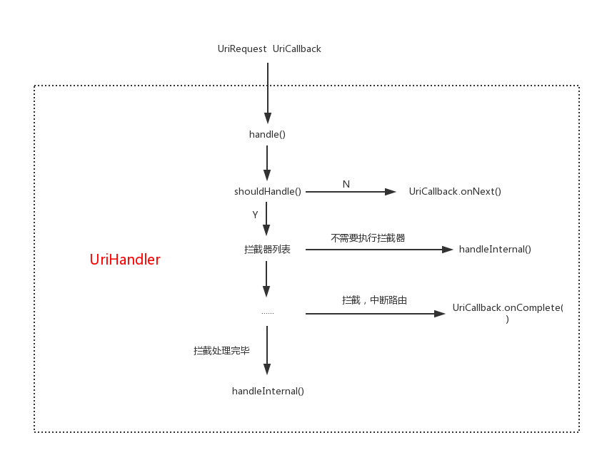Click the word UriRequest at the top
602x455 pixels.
pyautogui.click(x=242, y=49)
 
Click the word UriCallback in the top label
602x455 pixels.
pyautogui.click(x=297, y=49)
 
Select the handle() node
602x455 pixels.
pyautogui.click(x=267, y=134)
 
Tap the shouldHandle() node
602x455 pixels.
pyautogui.click(x=268, y=192)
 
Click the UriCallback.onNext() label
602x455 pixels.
pyautogui.click(x=455, y=192)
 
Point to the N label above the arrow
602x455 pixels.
pyautogui.click(x=346, y=184)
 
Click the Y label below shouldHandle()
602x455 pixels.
pyautogui.click(x=255, y=215)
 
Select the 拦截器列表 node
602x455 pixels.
pyautogui.click(x=267, y=250)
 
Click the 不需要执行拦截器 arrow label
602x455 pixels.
pyautogui.click(x=368, y=238)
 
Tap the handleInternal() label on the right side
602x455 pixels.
pyautogui.click(x=495, y=250)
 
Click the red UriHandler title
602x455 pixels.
pyautogui.click(x=125, y=260)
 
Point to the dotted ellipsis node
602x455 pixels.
pyautogui.click(x=267, y=313)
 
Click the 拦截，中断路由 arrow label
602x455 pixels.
pyautogui.click(x=375, y=301)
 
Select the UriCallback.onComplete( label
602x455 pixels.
pyautogui.click(x=508, y=308)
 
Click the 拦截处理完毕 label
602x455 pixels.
pyautogui.click(x=221, y=351)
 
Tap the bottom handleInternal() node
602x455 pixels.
pyautogui.click(x=268, y=391)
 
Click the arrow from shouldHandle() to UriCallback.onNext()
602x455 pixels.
pyautogui.click(x=350, y=192)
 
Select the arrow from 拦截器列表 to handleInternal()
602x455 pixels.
pyautogui.click(x=378, y=250)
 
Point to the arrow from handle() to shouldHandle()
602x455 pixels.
pyautogui.click(x=267, y=163)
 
